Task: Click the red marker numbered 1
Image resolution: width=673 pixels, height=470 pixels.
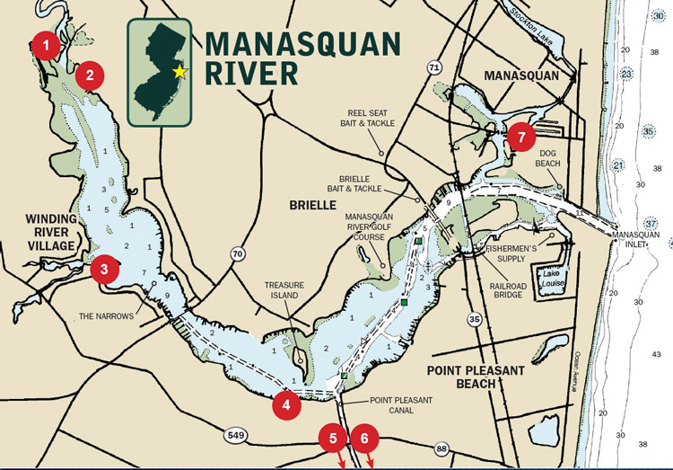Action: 48,42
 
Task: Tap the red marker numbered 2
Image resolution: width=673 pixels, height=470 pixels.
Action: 90,75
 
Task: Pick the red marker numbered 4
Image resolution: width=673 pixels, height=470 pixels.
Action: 286,404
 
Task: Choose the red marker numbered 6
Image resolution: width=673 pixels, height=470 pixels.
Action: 364,439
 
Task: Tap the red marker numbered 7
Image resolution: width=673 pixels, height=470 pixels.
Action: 520,137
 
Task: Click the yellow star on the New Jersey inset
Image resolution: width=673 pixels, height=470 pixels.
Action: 180,71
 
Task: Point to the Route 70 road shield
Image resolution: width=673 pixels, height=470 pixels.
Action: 238,254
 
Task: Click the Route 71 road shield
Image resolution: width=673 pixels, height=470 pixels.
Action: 434,67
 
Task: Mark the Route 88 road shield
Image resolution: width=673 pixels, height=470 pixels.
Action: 441,448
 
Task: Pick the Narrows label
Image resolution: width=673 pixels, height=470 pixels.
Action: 106,315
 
